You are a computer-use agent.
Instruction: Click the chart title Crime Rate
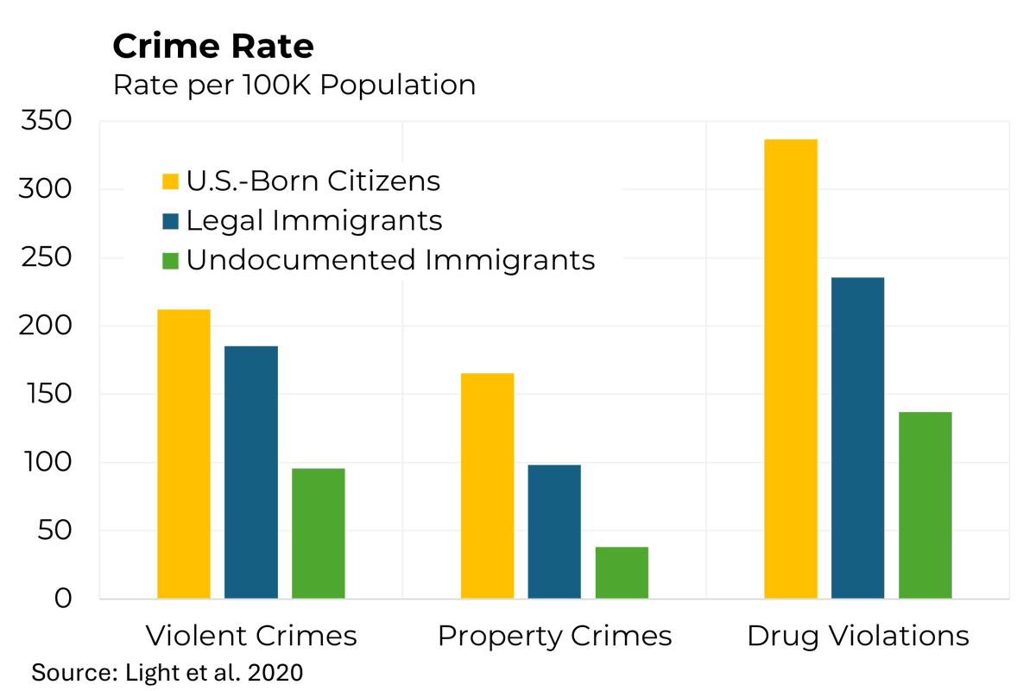[213, 46]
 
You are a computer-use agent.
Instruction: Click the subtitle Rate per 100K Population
[294, 86]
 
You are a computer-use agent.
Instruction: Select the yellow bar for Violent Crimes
[184, 453]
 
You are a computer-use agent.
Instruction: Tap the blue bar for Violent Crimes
[251, 472]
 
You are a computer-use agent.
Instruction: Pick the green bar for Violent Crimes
[319, 533]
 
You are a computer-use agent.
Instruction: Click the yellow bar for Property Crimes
[488, 485]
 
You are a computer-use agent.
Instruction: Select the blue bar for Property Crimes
[554, 531]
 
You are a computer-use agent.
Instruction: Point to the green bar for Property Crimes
[622, 573]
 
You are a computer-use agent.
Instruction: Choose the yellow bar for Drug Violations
[791, 369]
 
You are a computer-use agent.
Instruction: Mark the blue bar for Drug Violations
[858, 438]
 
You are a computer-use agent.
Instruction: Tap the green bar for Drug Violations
[925, 505]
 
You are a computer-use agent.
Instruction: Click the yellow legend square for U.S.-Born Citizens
[171, 181]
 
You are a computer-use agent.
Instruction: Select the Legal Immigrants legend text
[314, 221]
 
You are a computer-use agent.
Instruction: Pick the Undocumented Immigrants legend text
[390, 260]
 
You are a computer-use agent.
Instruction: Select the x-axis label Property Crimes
[554, 637]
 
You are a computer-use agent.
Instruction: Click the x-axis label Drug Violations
[858, 637]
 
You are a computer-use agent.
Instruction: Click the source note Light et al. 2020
[167, 672]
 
